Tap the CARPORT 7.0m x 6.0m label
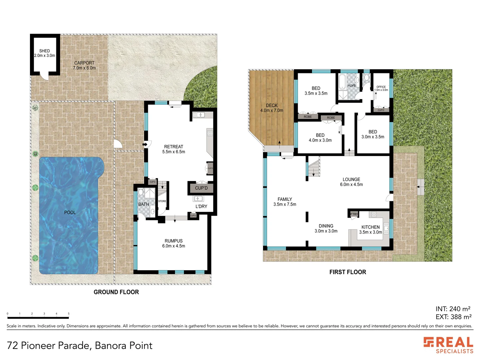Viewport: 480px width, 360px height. point(84,65)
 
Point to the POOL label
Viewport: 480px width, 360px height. point(70,212)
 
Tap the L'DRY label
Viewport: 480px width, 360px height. point(201,206)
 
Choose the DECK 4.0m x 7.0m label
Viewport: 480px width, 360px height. point(272,108)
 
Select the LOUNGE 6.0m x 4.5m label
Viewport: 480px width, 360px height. point(351,182)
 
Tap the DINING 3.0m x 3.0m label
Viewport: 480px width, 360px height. point(326,228)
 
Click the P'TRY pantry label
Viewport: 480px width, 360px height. point(354,214)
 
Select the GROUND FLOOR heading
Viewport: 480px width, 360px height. point(116,292)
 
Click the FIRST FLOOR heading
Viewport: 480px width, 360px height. point(348,272)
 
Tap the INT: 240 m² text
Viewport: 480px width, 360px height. point(453,309)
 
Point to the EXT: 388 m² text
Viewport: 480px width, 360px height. point(453,317)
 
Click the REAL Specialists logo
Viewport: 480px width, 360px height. point(448,345)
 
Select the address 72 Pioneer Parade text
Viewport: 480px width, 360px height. point(79,345)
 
